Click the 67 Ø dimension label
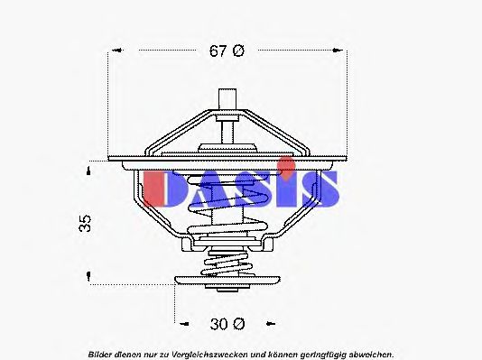tap(227, 51)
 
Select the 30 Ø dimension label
tap(226, 322)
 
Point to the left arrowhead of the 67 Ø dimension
tap(113, 51)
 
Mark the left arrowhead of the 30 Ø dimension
tap(177, 322)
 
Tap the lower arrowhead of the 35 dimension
tap(88, 281)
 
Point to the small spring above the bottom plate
tap(227, 263)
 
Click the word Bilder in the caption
tap(102, 353)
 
